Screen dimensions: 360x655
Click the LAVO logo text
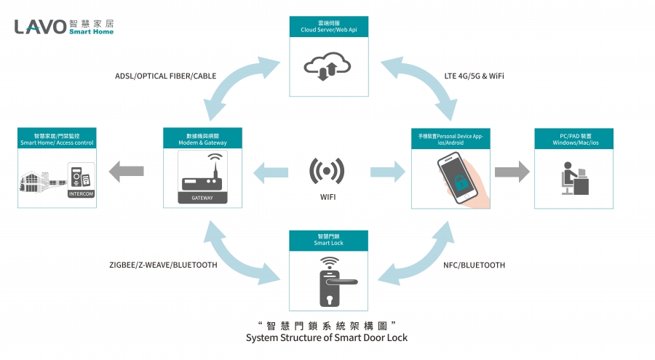[40, 27]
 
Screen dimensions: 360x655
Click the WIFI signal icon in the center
[327, 172]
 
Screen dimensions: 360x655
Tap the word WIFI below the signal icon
[327, 197]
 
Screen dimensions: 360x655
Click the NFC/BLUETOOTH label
[474, 265]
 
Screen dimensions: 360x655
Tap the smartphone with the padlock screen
[456, 178]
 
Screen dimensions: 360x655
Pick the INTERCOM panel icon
[81, 181]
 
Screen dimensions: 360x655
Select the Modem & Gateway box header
[202, 140]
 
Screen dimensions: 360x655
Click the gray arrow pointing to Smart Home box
[127, 172]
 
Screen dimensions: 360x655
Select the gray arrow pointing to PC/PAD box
[512, 172]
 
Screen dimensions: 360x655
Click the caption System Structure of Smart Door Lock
[327, 337]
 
